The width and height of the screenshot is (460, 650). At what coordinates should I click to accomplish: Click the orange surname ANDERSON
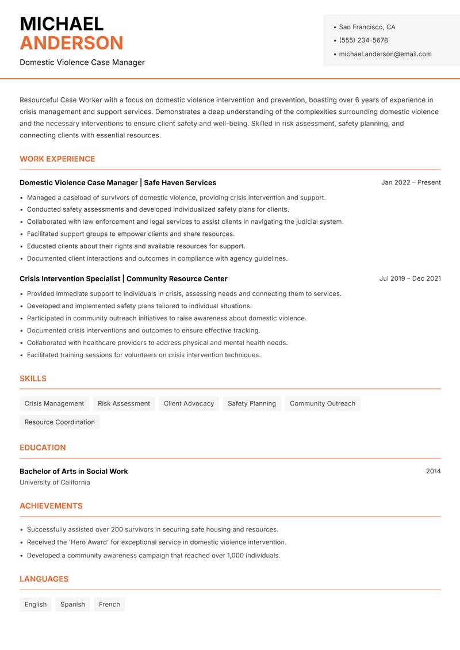click(x=71, y=43)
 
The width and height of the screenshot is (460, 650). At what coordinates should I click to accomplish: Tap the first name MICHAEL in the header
click(x=62, y=24)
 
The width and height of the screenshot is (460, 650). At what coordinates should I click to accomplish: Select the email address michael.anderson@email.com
click(x=385, y=54)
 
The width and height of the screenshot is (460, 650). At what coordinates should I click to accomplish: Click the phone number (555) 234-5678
click(x=363, y=40)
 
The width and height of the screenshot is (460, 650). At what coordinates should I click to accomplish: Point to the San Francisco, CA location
click(x=367, y=27)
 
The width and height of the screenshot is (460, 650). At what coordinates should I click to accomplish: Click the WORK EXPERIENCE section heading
click(x=57, y=159)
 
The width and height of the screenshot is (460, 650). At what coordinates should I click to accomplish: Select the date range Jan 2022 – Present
click(x=411, y=182)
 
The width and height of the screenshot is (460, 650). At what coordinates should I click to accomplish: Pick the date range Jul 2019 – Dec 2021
click(x=410, y=278)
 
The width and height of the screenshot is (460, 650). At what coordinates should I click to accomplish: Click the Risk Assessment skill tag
click(x=124, y=403)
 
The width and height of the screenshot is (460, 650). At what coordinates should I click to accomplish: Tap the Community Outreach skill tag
click(x=322, y=403)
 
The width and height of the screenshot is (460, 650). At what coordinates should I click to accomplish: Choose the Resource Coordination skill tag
click(x=59, y=422)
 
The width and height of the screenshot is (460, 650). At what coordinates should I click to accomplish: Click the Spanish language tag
click(x=72, y=604)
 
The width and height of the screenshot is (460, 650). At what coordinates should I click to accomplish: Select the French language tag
click(x=109, y=604)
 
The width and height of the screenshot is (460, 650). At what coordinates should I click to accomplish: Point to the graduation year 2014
click(x=433, y=471)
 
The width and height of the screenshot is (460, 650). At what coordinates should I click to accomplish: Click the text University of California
click(x=55, y=483)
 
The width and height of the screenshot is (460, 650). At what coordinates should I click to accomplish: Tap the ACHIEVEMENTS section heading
click(x=51, y=506)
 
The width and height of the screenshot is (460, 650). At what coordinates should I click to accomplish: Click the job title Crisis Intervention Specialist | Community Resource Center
click(x=124, y=278)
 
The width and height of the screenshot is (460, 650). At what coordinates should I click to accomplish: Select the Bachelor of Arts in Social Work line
click(x=74, y=471)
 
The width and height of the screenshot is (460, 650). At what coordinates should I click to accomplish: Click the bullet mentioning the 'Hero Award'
click(x=156, y=542)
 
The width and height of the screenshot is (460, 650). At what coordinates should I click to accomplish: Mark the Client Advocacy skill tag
click(x=189, y=403)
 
